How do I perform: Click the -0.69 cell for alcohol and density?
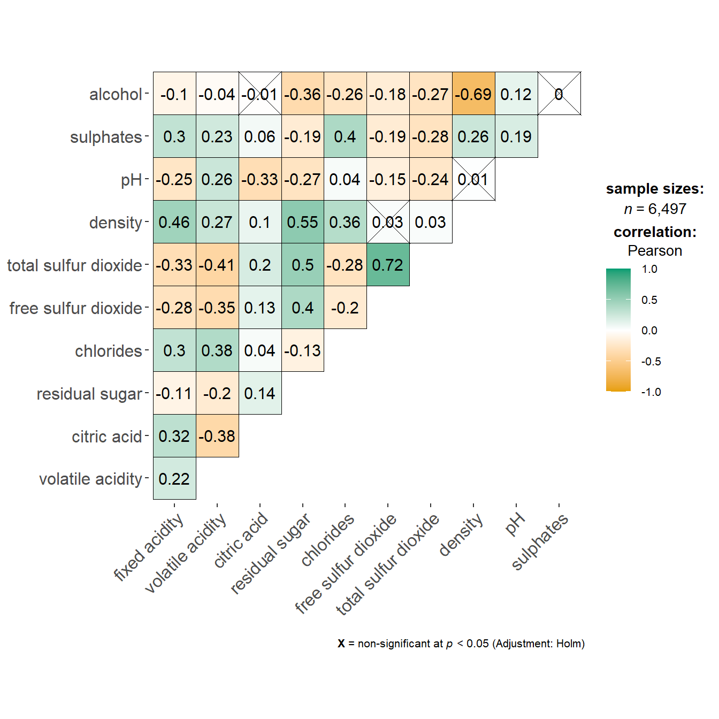click(x=473, y=94)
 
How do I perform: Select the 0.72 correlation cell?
click(x=388, y=265)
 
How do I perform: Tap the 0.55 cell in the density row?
click(x=302, y=222)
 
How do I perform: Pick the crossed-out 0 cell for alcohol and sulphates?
click(x=559, y=94)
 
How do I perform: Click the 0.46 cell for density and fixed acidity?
click(x=174, y=222)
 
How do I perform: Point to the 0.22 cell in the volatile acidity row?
click(x=174, y=479)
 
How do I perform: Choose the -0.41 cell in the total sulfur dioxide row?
click(x=217, y=265)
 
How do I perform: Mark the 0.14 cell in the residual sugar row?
click(x=260, y=393)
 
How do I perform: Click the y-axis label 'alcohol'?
click(x=116, y=94)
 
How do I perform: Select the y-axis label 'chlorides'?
click(x=109, y=351)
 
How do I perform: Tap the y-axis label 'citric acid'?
click(x=107, y=437)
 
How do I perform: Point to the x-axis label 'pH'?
click(x=515, y=524)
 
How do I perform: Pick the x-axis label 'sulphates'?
click(x=539, y=541)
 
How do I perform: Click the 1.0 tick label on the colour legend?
click(x=649, y=269)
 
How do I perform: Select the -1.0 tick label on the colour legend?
click(x=651, y=392)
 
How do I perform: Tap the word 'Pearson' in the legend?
click(x=655, y=251)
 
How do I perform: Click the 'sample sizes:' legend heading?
click(x=655, y=189)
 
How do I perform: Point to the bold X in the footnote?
click(x=341, y=644)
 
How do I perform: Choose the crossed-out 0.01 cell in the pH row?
click(x=473, y=179)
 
